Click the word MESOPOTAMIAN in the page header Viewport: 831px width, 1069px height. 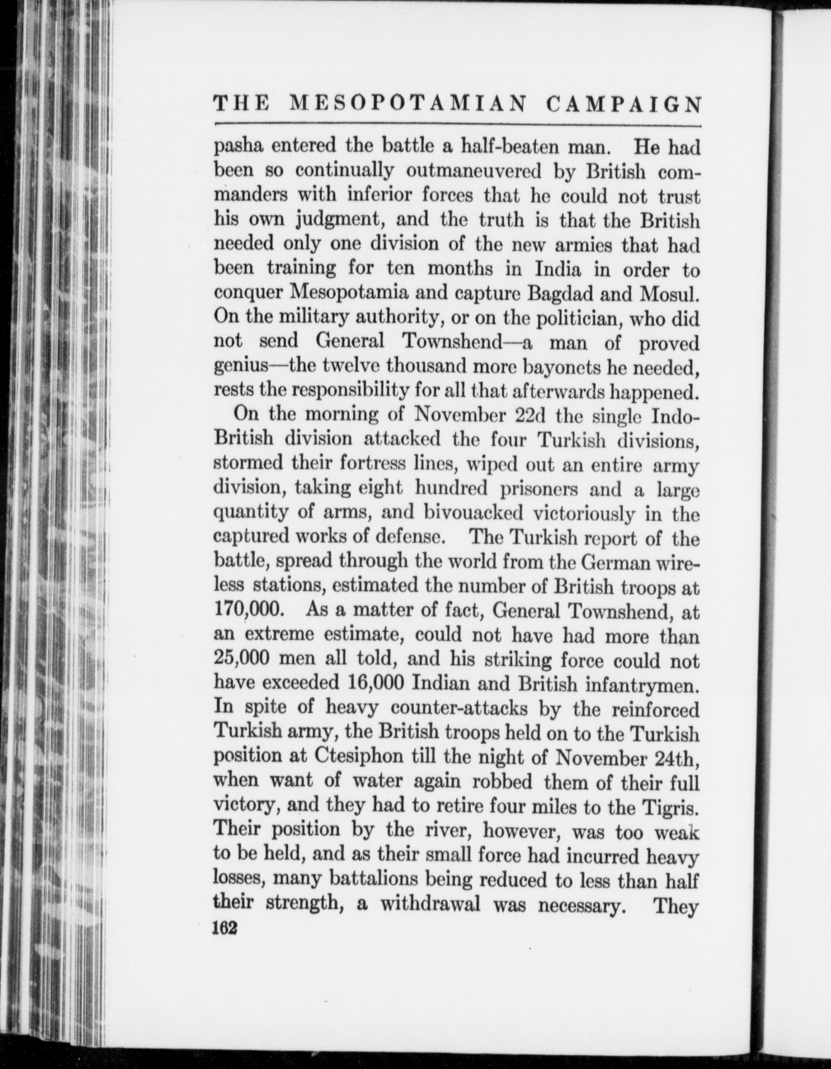(407, 104)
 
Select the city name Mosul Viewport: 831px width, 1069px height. (669, 293)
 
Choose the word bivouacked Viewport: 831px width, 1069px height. (473, 512)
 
